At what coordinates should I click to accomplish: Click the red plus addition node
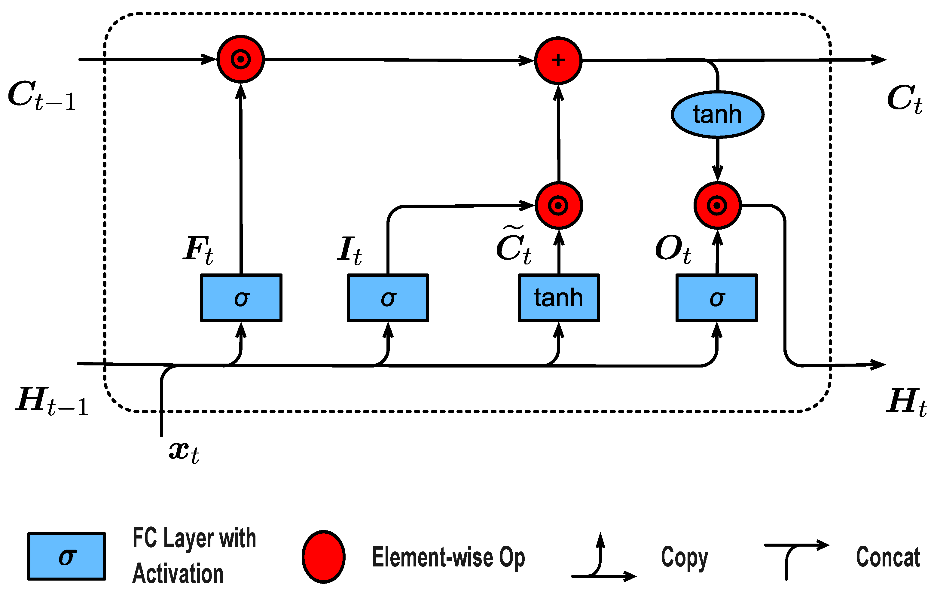[x=558, y=60]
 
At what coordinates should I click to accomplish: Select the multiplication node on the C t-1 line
[x=240, y=59]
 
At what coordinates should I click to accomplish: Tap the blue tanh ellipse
[x=717, y=114]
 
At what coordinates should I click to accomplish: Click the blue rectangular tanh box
[x=559, y=298]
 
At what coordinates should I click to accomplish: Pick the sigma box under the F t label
[x=241, y=298]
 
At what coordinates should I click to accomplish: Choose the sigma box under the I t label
[x=387, y=298]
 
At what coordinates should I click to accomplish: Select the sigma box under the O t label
[x=716, y=298]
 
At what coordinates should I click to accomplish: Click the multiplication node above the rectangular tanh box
[x=559, y=205]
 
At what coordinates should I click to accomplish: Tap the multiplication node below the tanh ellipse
[x=717, y=205]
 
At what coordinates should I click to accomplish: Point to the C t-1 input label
[x=41, y=96]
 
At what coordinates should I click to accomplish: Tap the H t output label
[x=906, y=402]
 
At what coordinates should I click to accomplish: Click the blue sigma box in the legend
[x=67, y=557]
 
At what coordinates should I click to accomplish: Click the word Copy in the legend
[x=685, y=557]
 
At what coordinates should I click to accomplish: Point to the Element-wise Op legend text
[x=448, y=557]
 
